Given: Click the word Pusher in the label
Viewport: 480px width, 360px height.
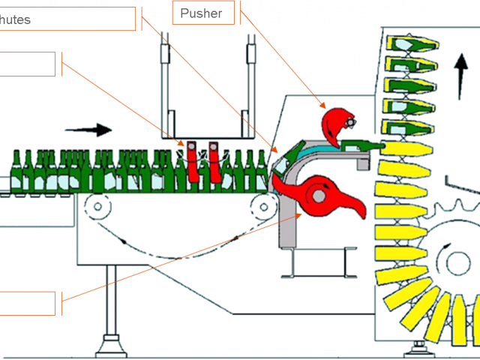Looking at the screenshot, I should click(x=201, y=13).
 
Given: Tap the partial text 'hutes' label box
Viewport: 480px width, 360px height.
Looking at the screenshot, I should click(x=67, y=19).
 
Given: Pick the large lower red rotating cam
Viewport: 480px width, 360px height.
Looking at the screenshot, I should click(x=322, y=196).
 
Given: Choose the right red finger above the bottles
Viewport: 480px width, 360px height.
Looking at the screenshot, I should click(x=216, y=161).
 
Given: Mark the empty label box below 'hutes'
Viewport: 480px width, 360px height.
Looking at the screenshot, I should click(x=28, y=64).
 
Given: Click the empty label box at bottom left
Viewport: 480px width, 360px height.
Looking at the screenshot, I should click(x=28, y=304).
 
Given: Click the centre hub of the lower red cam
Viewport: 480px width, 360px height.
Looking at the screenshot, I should click(x=318, y=196).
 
